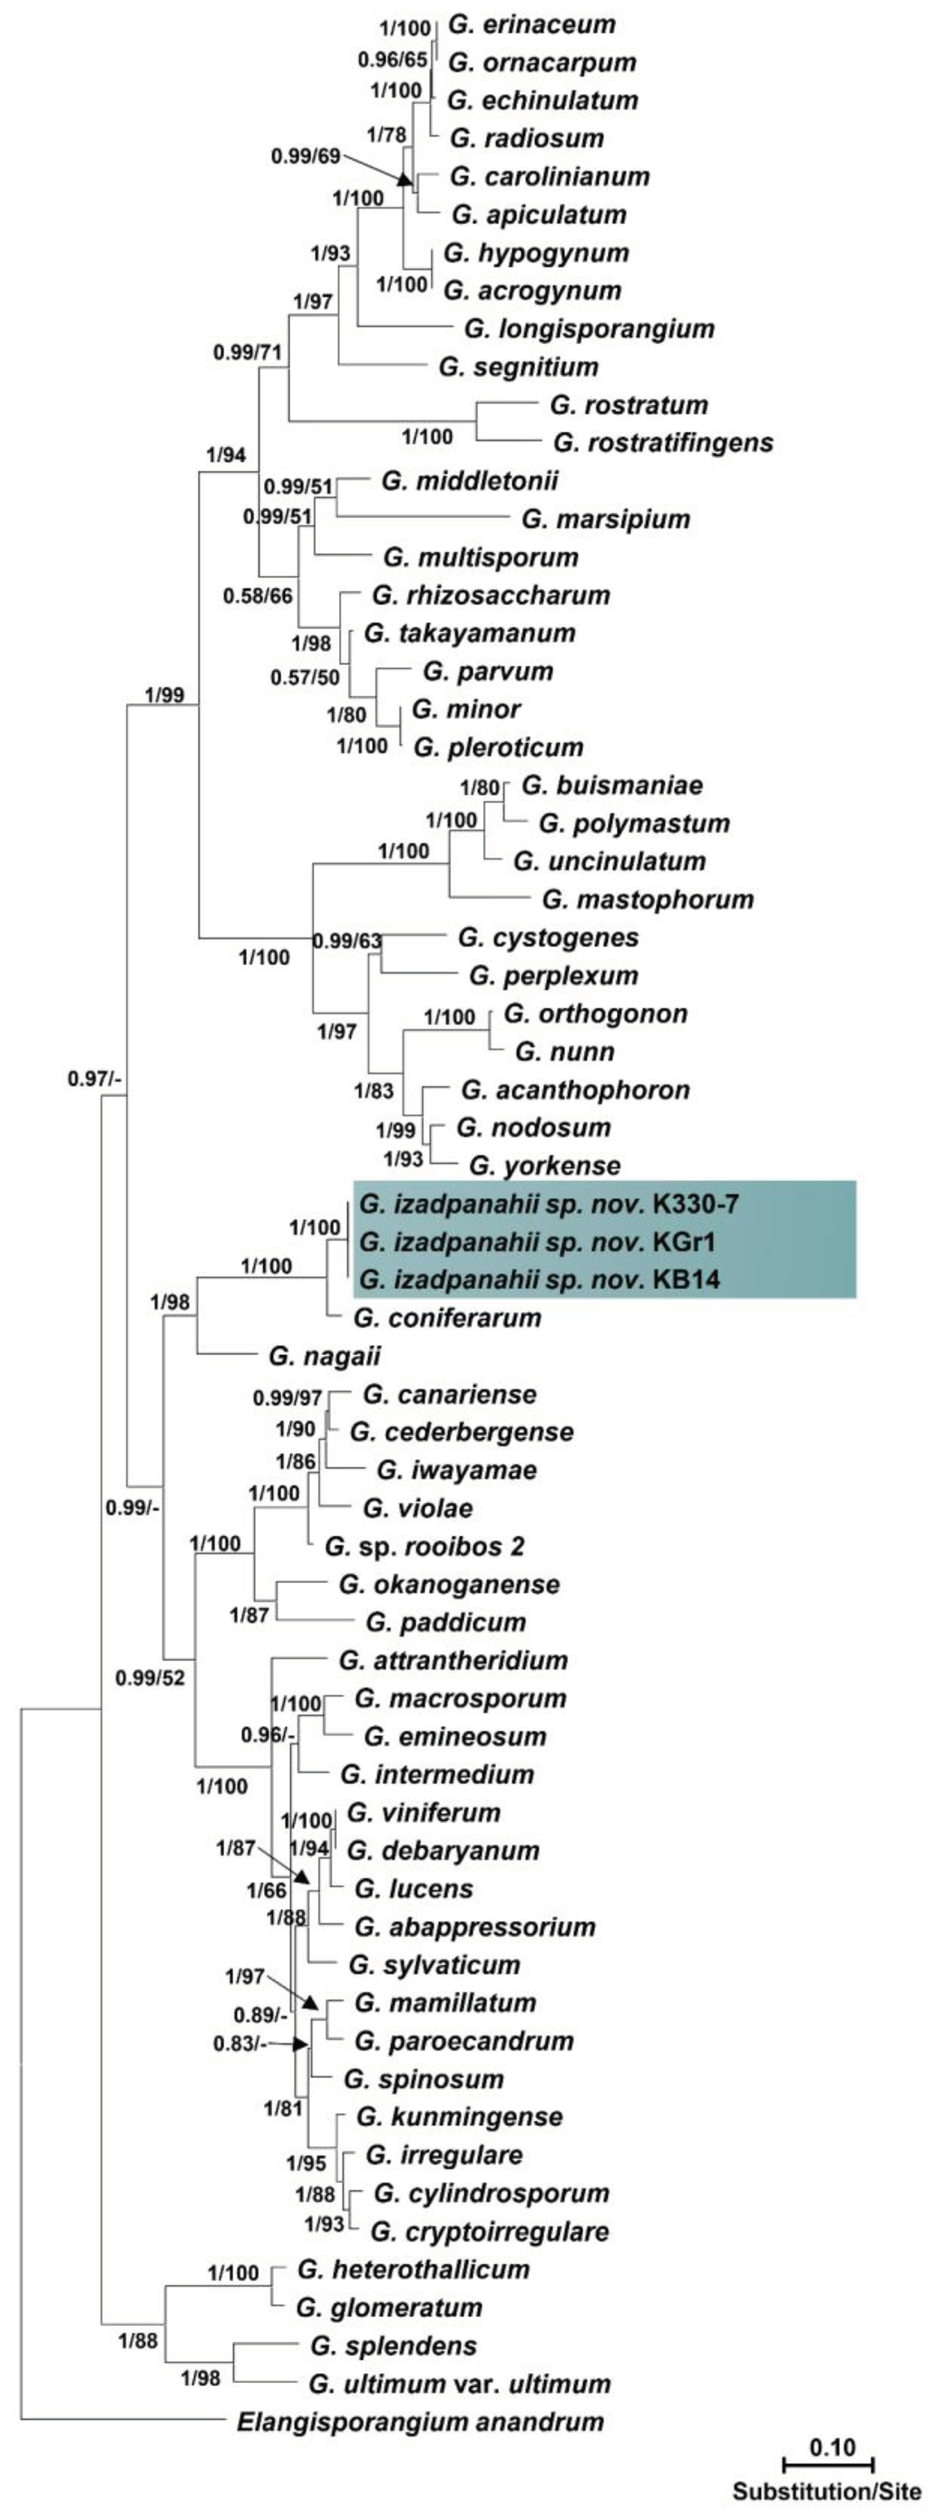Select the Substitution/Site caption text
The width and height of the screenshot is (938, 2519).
coord(827,2491)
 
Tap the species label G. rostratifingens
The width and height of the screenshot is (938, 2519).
coord(662,443)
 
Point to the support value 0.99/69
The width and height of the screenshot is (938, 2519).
coord(305,155)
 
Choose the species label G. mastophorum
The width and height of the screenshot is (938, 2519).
coord(648,899)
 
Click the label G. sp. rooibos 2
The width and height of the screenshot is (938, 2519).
coord(424,1546)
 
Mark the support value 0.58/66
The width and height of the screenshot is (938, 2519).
coord(257,596)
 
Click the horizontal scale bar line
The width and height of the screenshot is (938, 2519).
coord(828,2464)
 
